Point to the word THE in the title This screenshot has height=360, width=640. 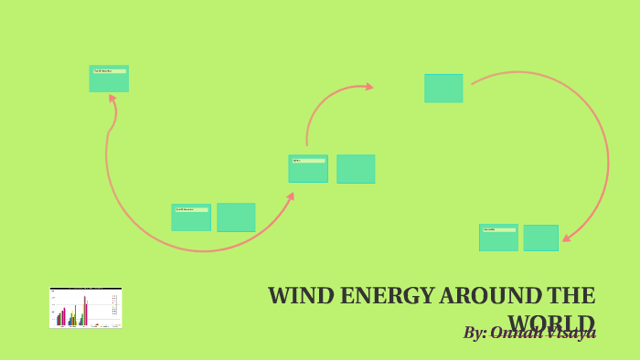pyautogui.click(x=571, y=296)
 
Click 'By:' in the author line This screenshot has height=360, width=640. pyautogui.click(x=475, y=333)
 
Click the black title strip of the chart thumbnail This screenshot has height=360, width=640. pyautogui.click(x=85, y=289)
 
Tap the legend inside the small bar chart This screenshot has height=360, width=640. pyautogui.click(x=113, y=305)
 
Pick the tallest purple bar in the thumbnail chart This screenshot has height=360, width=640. pyautogui.click(x=85, y=310)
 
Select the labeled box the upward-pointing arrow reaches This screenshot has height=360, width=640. pyautogui.click(x=109, y=79)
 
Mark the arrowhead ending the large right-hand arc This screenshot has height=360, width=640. pyautogui.click(x=567, y=238)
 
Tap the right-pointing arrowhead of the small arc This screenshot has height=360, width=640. pyautogui.click(x=368, y=87)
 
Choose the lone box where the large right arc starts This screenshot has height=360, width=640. pyautogui.click(x=443, y=88)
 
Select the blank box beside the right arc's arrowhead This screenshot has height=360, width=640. pyautogui.click(x=540, y=238)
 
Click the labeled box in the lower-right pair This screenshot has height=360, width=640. pyautogui.click(x=498, y=238)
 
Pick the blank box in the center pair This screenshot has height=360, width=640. pyautogui.click(x=356, y=169)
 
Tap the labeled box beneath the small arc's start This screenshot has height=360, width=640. pyautogui.click(x=308, y=168)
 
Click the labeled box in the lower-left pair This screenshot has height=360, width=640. pyautogui.click(x=191, y=217)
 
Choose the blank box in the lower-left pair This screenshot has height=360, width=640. pyautogui.click(x=236, y=217)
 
